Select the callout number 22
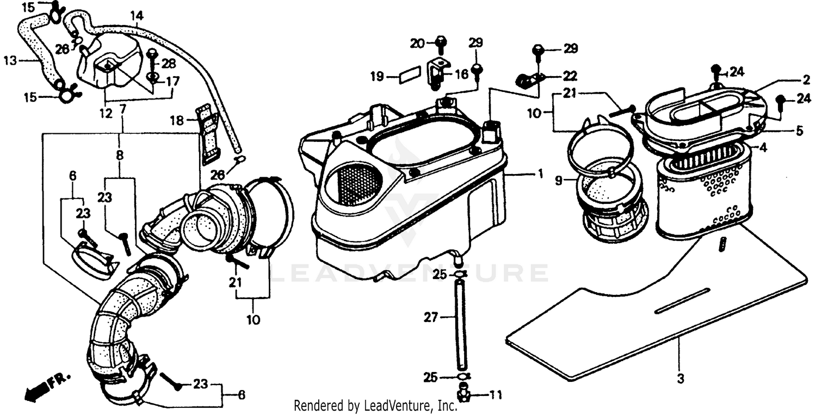point(570,76)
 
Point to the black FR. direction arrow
point(36,388)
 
